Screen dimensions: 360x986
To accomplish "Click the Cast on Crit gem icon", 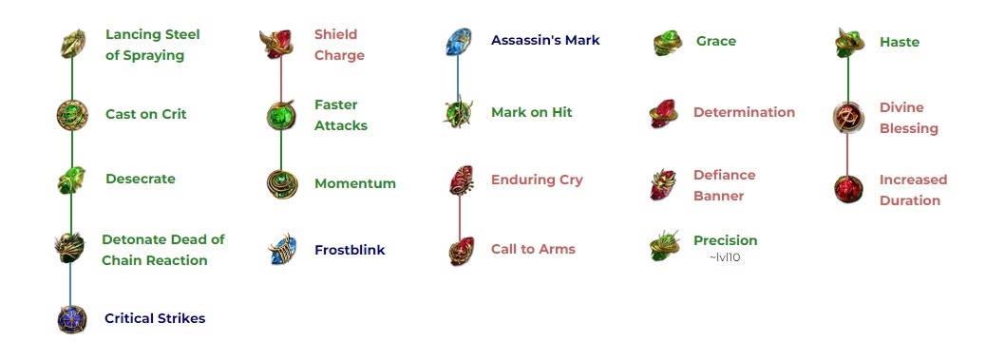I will point(72,115).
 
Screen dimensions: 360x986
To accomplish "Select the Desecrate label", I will point(141,179).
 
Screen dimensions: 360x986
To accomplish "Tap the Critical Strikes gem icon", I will point(72,319).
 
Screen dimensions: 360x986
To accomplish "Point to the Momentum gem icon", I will point(281,183).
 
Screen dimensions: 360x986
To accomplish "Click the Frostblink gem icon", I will point(281,251).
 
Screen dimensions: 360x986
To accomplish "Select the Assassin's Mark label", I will point(545,40).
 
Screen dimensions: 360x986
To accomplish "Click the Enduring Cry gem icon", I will point(461,180).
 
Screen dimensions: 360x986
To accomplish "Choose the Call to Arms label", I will point(533,249).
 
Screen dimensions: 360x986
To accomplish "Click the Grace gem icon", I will point(668,43).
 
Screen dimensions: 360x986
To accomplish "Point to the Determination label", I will point(744,112).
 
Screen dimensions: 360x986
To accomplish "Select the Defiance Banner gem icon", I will point(664,184).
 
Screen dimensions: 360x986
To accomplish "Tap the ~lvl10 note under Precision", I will point(724,257).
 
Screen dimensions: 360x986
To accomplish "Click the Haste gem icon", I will point(849,43).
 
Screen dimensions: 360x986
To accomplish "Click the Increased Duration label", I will point(913,190).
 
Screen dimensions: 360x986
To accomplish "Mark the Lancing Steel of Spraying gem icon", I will point(72,43).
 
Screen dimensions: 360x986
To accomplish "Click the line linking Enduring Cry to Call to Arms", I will point(460,217).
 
